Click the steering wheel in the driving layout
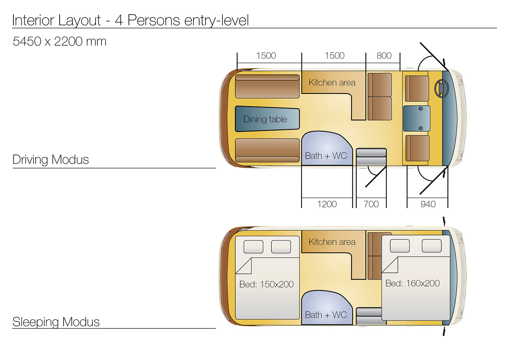441,88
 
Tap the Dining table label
265,119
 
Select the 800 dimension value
384,56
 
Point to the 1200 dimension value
327,204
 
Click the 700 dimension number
371,204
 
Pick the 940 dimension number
428,204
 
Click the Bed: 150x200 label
266,284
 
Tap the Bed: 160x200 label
412,283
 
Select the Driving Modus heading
51,160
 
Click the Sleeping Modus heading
56,322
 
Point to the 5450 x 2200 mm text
59,41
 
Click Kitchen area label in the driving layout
332,83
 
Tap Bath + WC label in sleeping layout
326,315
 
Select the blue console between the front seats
417,119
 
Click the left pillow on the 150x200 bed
253,247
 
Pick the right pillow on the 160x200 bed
432,246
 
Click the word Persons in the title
153,20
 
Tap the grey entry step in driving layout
371,157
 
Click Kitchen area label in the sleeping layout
332,242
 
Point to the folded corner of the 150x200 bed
244,266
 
